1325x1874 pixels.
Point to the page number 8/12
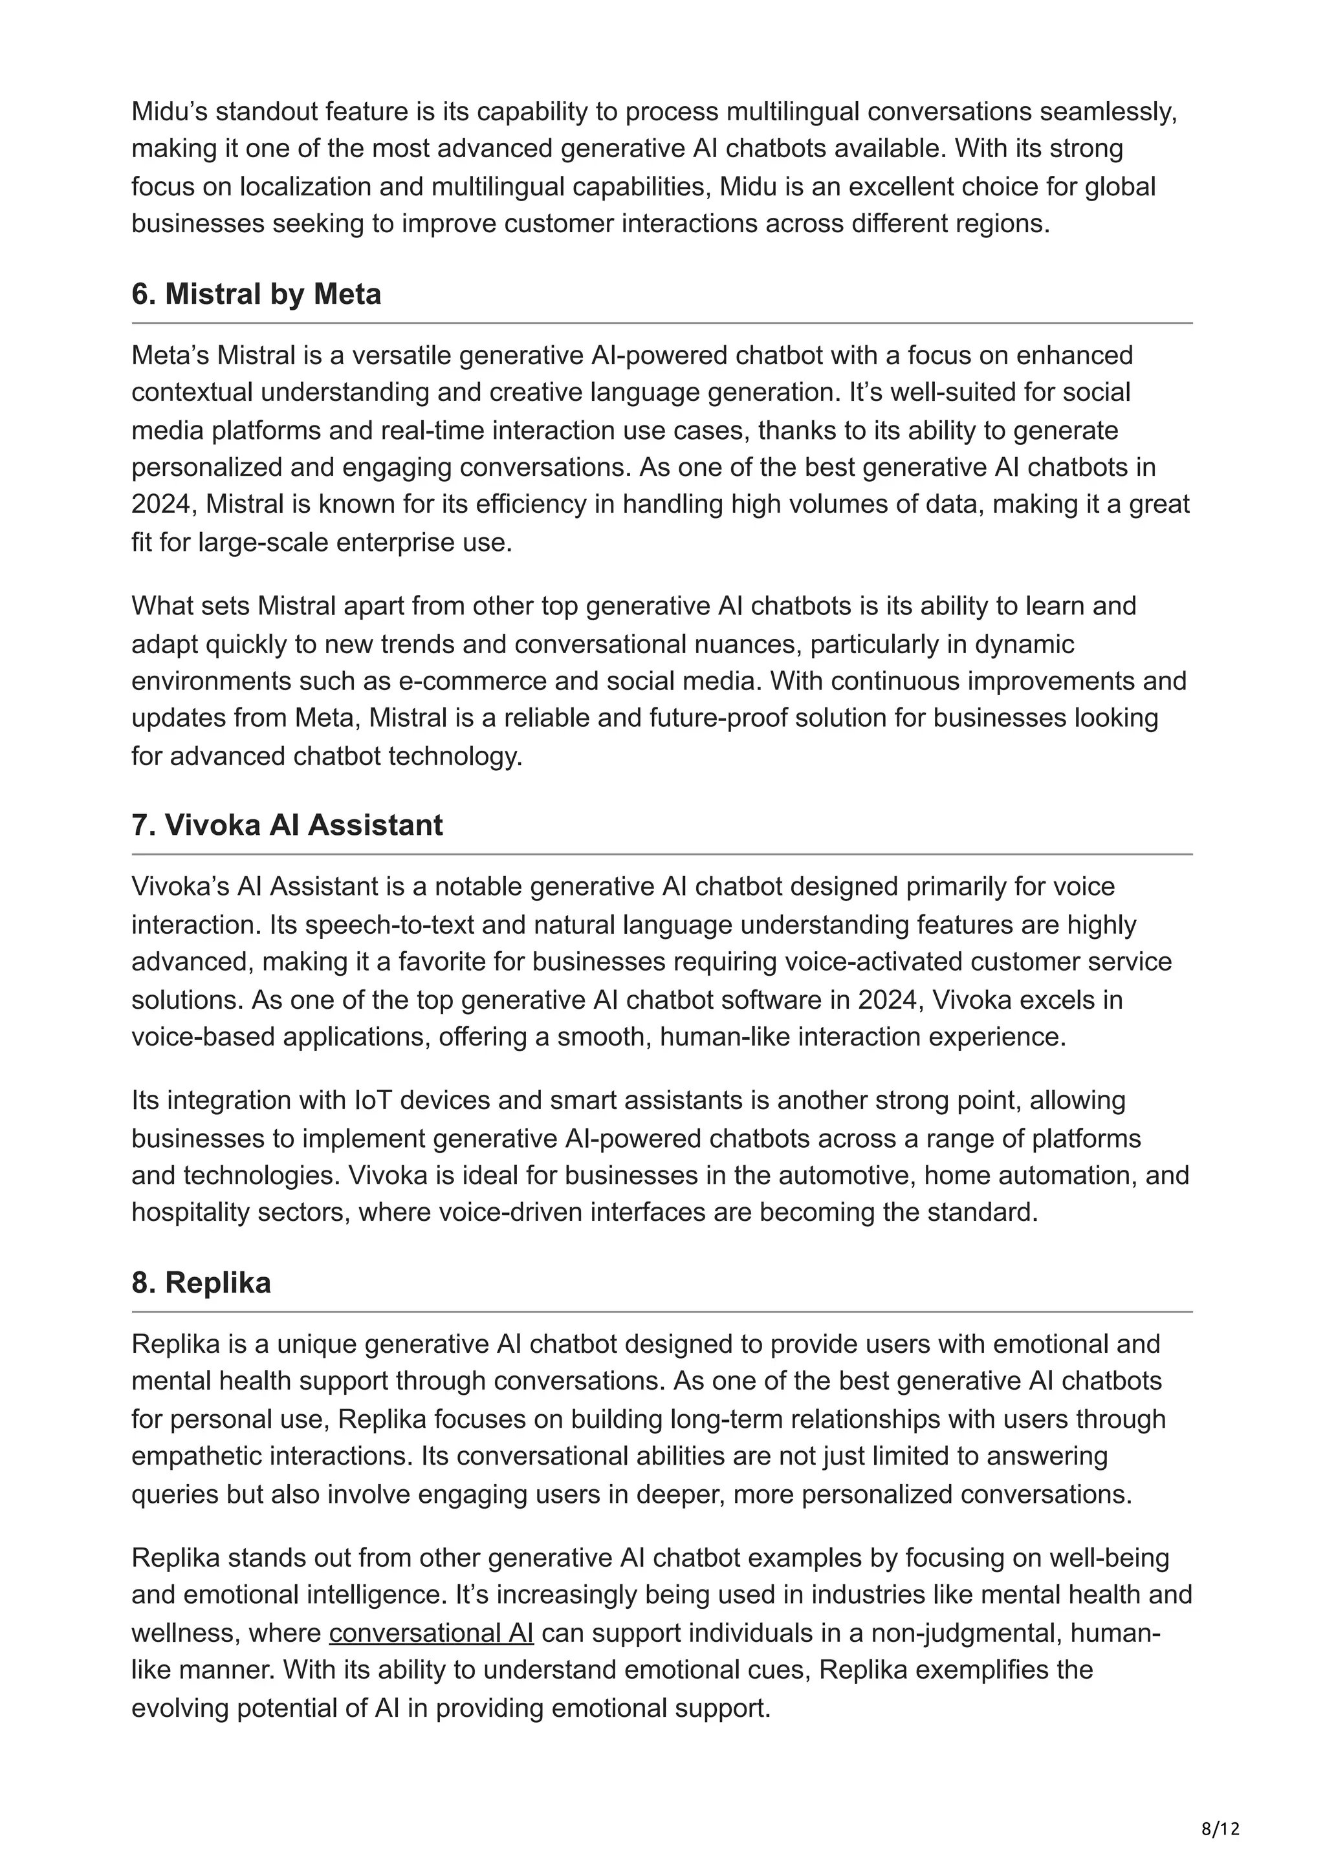[1220, 1806]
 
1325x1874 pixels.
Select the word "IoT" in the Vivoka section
[372, 1100]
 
